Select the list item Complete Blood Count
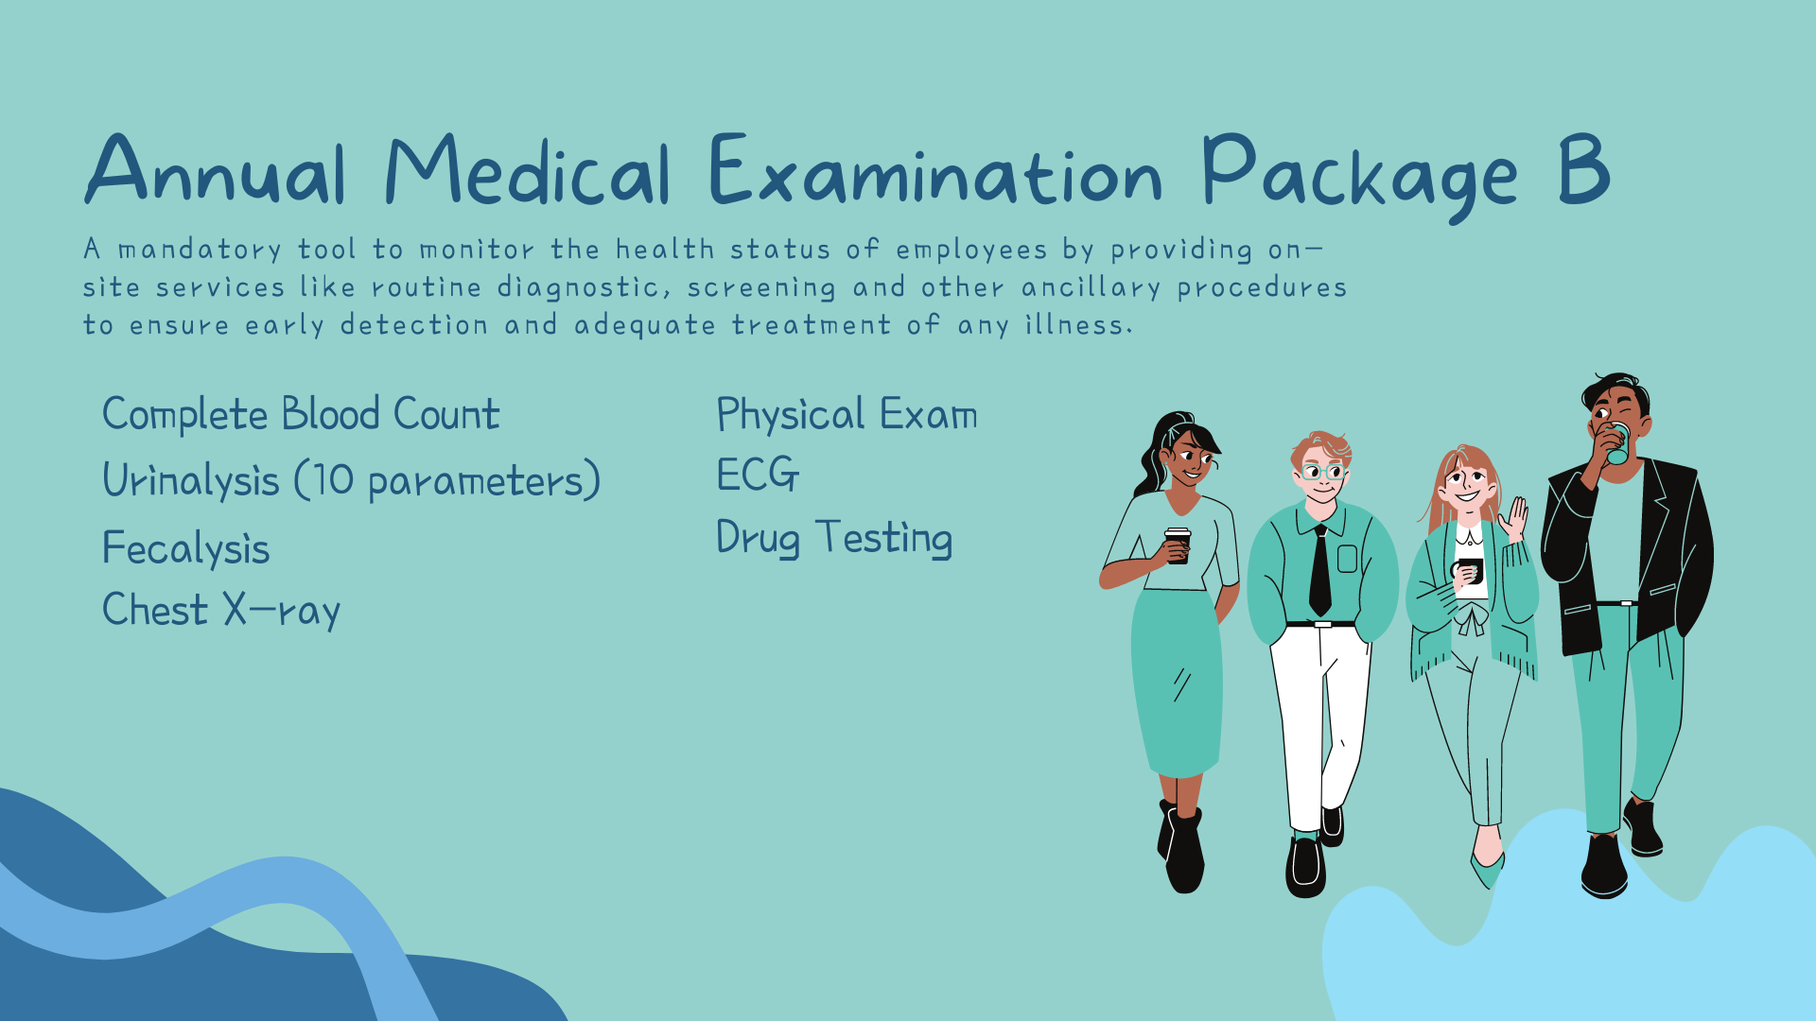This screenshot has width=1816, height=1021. (x=301, y=414)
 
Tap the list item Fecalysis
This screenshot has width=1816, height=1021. (x=186, y=548)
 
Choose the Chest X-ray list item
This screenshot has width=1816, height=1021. (x=221, y=611)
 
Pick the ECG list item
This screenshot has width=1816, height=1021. (x=758, y=475)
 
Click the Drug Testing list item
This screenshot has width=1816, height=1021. (x=834, y=538)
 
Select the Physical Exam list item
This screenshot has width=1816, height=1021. (x=847, y=414)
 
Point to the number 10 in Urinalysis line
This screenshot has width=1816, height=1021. (x=332, y=480)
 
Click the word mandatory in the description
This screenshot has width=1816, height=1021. (x=200, y=250)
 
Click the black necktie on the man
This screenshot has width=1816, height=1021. (x=1320, y=571)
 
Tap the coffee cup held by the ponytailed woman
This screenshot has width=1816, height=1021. (x=1178, y=545)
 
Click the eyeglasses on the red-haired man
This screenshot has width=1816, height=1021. (x=1323, y=472)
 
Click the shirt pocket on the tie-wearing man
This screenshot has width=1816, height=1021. (x=1348, y=559)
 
